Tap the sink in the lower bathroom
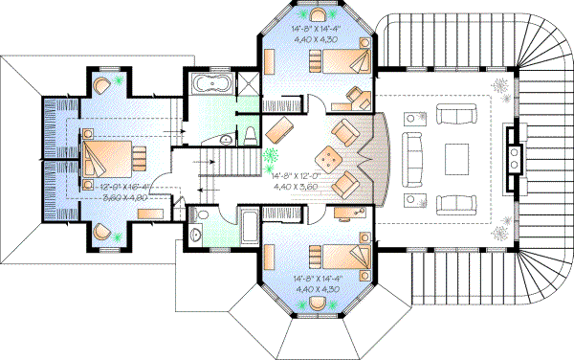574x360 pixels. click(196, 232)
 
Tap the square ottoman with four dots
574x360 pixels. click(330, 154)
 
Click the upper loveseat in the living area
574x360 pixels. click(454, 115)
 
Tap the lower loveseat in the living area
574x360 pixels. click(454, 203)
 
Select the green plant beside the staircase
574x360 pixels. click(271, 156)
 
